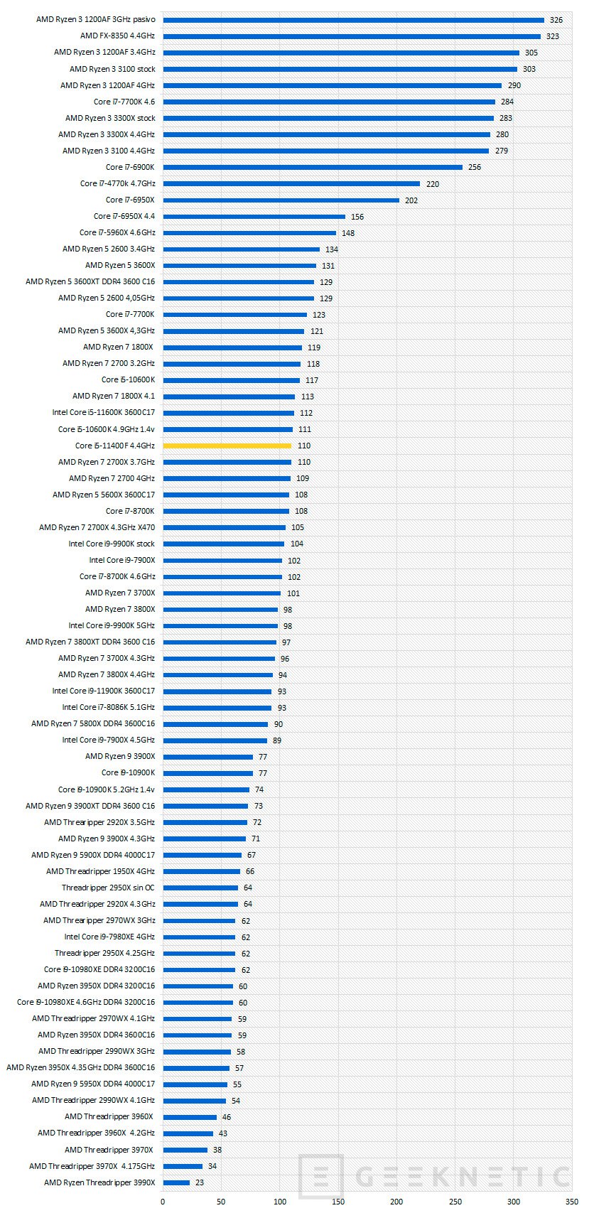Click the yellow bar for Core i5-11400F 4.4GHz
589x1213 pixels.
[227, 446]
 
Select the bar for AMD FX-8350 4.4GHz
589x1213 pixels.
[351, 36]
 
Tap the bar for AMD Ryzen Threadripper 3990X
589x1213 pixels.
[176, 1182]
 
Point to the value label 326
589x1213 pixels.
[556, 20]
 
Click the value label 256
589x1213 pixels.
[474, 168]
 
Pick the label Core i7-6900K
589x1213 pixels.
[130, 167]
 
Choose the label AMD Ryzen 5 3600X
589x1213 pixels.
[120, 265]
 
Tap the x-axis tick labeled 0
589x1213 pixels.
[163, 1202]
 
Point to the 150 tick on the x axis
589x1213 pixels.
[338, 1202]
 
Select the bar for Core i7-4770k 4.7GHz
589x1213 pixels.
[291, 183]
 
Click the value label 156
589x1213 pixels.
[357, 217]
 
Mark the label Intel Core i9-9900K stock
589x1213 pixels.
[112, 544]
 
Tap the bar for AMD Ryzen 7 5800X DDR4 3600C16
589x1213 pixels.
[215, 724]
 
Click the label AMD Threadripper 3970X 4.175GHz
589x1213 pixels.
[92, 1166]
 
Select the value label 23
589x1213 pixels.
[200, 1183]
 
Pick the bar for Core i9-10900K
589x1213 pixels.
[207, 773]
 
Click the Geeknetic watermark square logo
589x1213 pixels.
[321, 1177]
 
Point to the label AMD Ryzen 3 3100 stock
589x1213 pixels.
[112, 69]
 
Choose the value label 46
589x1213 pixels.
[226, 1117]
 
